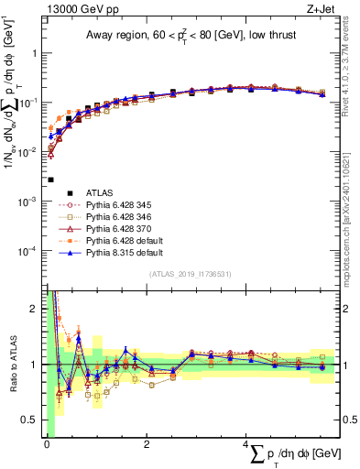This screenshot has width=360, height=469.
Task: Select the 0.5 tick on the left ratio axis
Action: click(x=32, y=420)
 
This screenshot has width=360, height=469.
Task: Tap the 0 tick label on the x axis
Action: click(x=46, y=444)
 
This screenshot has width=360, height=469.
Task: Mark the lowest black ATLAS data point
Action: click(x=51, y=180)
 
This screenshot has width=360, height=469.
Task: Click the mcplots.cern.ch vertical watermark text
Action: click(x=352, y=229)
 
